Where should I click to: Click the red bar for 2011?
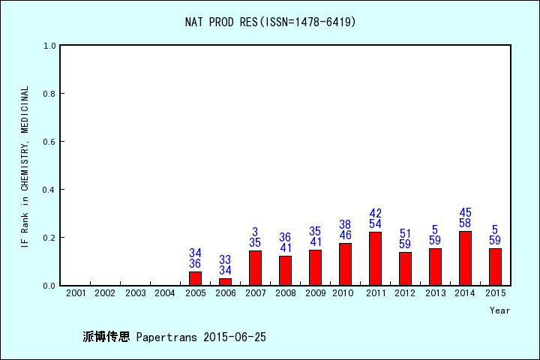[x=375, y=259]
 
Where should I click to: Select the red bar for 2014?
[x=465, y=258]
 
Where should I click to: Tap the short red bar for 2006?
[x=225, y=281]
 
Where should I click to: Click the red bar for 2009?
[x=315, y=268]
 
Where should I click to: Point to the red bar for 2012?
[x=405, y=268]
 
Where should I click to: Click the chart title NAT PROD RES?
[x=270, y=22]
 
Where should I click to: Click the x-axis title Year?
[x=499, y=310]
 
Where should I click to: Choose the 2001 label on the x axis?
[x=75, y=292]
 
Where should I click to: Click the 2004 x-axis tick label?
[x=165, y=292]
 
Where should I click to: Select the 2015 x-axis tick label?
[x=495, y=292]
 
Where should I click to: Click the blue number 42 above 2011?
[x=375, y=214]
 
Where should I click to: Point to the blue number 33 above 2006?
[x=225, y=259]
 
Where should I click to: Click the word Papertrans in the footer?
[x=168, y=337]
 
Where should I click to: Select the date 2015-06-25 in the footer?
[x=235, y=337]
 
